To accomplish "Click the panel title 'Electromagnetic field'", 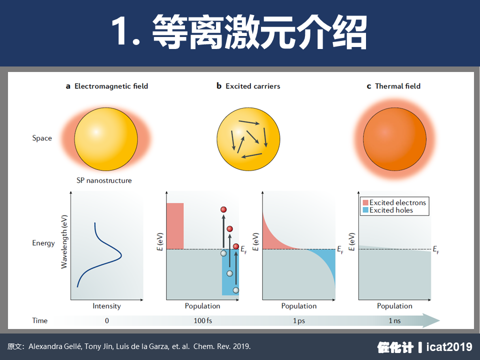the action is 111,86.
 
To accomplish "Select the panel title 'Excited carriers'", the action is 253,86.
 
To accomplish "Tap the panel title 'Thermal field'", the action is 397,86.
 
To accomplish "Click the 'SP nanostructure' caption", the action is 104,180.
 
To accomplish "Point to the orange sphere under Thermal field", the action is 394,139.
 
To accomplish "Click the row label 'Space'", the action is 42,138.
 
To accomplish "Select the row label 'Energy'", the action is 43,243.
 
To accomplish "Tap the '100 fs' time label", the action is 202,321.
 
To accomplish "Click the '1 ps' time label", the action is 299,321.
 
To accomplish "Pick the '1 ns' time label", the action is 394,321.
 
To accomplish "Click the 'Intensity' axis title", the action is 106,306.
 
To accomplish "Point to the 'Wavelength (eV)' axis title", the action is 64,242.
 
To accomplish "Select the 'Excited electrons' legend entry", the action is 394,202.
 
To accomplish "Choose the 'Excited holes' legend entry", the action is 388,210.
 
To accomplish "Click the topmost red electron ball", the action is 223,209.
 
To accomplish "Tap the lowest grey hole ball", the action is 235,290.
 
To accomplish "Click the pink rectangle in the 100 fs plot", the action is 175,226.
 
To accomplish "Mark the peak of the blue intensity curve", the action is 121,254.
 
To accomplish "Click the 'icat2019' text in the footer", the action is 449,347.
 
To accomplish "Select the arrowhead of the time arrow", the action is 431,320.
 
